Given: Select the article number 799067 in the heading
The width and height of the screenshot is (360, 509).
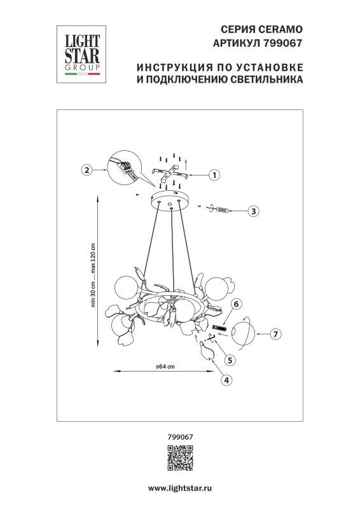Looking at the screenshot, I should point(282,43).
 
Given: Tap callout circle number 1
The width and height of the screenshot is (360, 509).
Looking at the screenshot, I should point(214,174).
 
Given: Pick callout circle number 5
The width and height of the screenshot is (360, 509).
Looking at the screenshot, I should point(230,359).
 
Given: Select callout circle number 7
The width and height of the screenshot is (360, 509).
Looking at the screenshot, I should point(275,333).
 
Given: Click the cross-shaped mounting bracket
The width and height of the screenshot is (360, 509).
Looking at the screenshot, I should point(171,172).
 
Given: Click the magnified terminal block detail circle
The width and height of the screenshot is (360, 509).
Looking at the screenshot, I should point(123,166).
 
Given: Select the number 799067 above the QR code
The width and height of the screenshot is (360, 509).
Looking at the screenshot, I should point(179,437).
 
